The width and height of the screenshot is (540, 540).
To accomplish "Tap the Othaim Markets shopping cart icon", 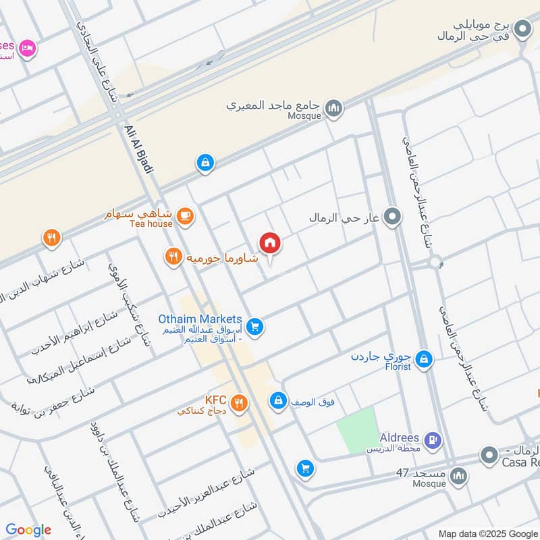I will tap(254, 327).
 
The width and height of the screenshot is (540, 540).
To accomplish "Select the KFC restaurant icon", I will tap(238, 404).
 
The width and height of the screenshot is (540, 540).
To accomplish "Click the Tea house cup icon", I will tap(184, 216).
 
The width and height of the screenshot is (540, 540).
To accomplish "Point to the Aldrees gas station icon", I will tap(433, 441).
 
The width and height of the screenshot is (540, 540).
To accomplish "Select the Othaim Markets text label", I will tap(200, 319).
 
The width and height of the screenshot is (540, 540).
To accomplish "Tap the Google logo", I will tap(28, 530).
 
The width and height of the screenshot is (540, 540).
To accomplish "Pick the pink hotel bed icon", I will tap(27, 48).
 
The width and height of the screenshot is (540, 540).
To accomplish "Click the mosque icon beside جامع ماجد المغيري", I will tap(333, 107).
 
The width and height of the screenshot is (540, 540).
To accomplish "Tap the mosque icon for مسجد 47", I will tap(458, 477).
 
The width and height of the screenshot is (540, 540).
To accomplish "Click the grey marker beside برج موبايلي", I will tap(522, 29).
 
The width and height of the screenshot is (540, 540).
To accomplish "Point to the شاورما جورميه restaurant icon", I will tap(174, 256).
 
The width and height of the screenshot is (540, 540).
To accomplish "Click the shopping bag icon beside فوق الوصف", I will tap(277, 401).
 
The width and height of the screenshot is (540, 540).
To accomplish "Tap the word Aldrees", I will tap(399, 437).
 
